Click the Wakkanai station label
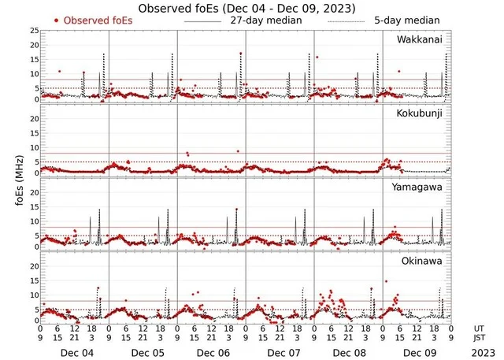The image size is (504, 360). [x=419, y=39]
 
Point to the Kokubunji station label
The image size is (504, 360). [x=419, y=113]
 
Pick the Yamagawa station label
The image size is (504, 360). [x=419, y=187]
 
